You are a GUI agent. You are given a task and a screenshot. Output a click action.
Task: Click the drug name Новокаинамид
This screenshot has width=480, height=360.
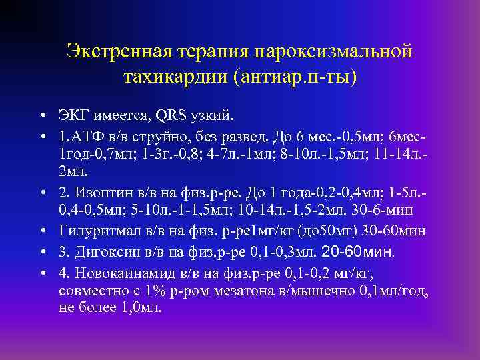(x=119, y=271)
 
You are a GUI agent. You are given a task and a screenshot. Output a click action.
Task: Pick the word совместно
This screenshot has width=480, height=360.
(x=90, y=291)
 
